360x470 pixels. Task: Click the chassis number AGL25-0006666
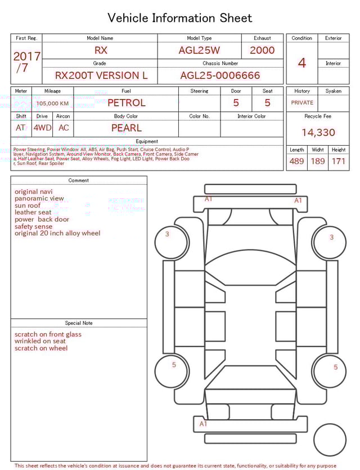click(220, 75)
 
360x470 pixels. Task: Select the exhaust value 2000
click(262, 50)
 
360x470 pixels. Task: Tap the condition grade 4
click(301, 63)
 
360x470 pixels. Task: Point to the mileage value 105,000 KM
click(53, 104)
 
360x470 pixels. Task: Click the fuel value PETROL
click(126, 103)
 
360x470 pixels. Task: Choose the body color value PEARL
click(126, 128)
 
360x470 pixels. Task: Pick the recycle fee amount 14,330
click(318, 133)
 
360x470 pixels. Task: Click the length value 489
click(296, 162)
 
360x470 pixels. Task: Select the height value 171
click(339, 162)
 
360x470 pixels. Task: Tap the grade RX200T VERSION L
click(101, 75)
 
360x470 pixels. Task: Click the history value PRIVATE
click(302, 103)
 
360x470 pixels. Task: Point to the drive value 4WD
click(42, 128)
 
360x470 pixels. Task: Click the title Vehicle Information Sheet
click(180, 18)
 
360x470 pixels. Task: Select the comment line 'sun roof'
click(28, 205)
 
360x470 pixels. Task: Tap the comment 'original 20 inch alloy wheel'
click(57, 233)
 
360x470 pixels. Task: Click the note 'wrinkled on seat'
click(40, 341)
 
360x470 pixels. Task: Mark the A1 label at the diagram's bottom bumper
click(203, 424)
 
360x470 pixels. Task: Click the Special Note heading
click(79, 323)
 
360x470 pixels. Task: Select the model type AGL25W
click(199, 50)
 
